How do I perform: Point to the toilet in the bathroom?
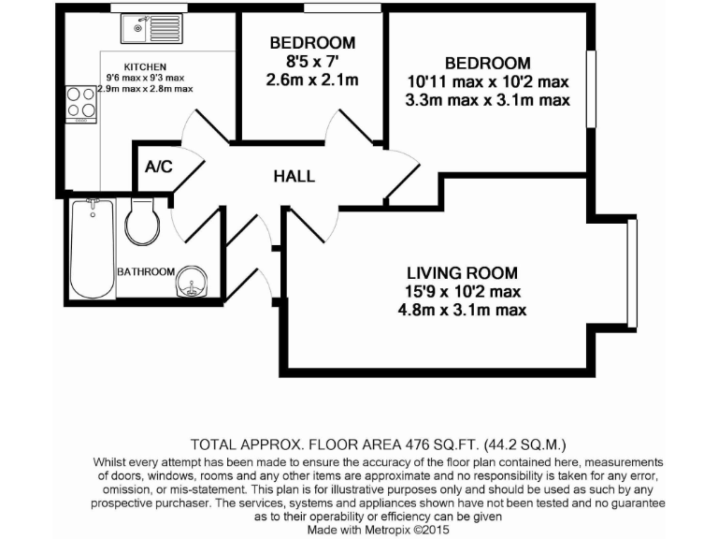[143, 219]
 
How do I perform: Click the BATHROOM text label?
[145, 271]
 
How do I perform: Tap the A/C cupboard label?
[158, 168]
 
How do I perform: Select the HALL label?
[294, 176]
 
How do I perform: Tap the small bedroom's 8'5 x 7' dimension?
[312, 62]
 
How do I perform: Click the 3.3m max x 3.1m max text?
[487, 99]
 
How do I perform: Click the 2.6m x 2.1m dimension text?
[312, 80]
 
